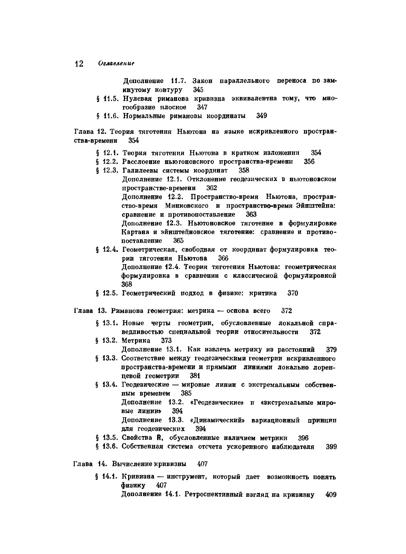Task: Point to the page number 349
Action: pos(261,115)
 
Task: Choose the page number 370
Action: pos(293,293)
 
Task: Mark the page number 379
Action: pos(331,350)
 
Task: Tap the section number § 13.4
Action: pos(106,385)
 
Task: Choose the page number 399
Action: pos(331,447)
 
